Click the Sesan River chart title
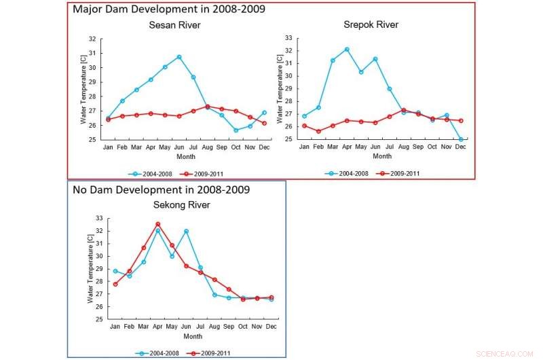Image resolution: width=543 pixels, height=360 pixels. tap(175, 26)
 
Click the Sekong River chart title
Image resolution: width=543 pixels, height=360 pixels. tap(175, 204)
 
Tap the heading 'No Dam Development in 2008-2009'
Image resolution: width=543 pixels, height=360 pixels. tap(161, 190)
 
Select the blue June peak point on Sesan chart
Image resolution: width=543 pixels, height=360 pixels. tap(179, 57)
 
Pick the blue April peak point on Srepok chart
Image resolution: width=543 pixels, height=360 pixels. tap(346, 50)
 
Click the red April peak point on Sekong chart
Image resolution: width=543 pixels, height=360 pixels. tap(157, 224)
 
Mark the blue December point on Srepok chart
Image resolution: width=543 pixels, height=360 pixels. tap(461, 139)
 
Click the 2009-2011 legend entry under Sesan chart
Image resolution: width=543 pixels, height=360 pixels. tap(219, 173)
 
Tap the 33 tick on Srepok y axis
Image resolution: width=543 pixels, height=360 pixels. tap(288, 37)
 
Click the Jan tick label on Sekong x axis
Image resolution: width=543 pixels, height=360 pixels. tap(115, 327)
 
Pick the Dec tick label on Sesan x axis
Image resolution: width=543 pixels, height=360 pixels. tap(264, 147)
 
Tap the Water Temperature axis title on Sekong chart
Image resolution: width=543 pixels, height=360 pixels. tap(88, 268)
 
